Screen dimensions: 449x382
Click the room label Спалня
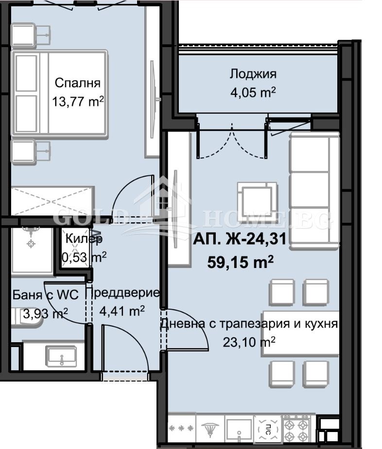pyautogui.click(x=77, y=82)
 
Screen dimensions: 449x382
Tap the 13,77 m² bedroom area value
pyautogui.click(x=78, y=101)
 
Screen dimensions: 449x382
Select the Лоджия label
pyautogui.click(x=253, y=74)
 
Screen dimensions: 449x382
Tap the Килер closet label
pyautogui.click(x=84, y=239)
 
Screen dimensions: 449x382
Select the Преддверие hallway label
pyautogui.click(x=122, y=293)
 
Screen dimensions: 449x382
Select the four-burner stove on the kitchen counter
pyautogui.click(x=296, y=428)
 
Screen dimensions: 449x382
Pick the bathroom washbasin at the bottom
pyautogui.click(x=60, y=356)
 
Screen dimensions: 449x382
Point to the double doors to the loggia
pyautogui.click(x=231, y=141)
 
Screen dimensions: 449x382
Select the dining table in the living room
pyautogui.click(x=300, y=333)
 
